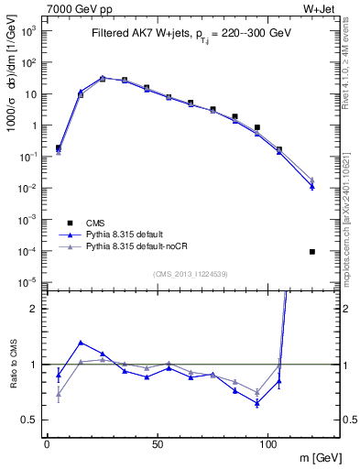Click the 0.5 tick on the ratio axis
[x=30, y=420]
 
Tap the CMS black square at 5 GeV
[x=59, y=147]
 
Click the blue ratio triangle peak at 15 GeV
[x=81, y=343]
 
